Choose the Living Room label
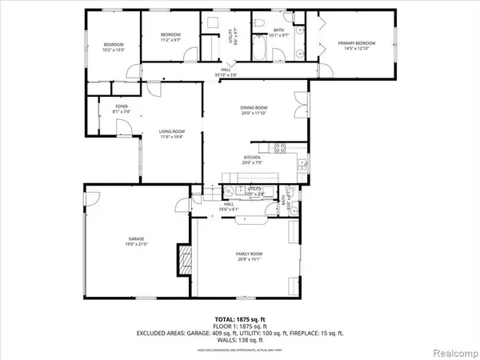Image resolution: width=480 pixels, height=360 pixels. [173, 131]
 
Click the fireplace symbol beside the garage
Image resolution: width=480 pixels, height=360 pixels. [186, 260]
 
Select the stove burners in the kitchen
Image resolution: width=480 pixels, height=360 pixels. [281, 146]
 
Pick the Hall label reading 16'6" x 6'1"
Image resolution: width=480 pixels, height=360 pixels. [229, 207]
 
